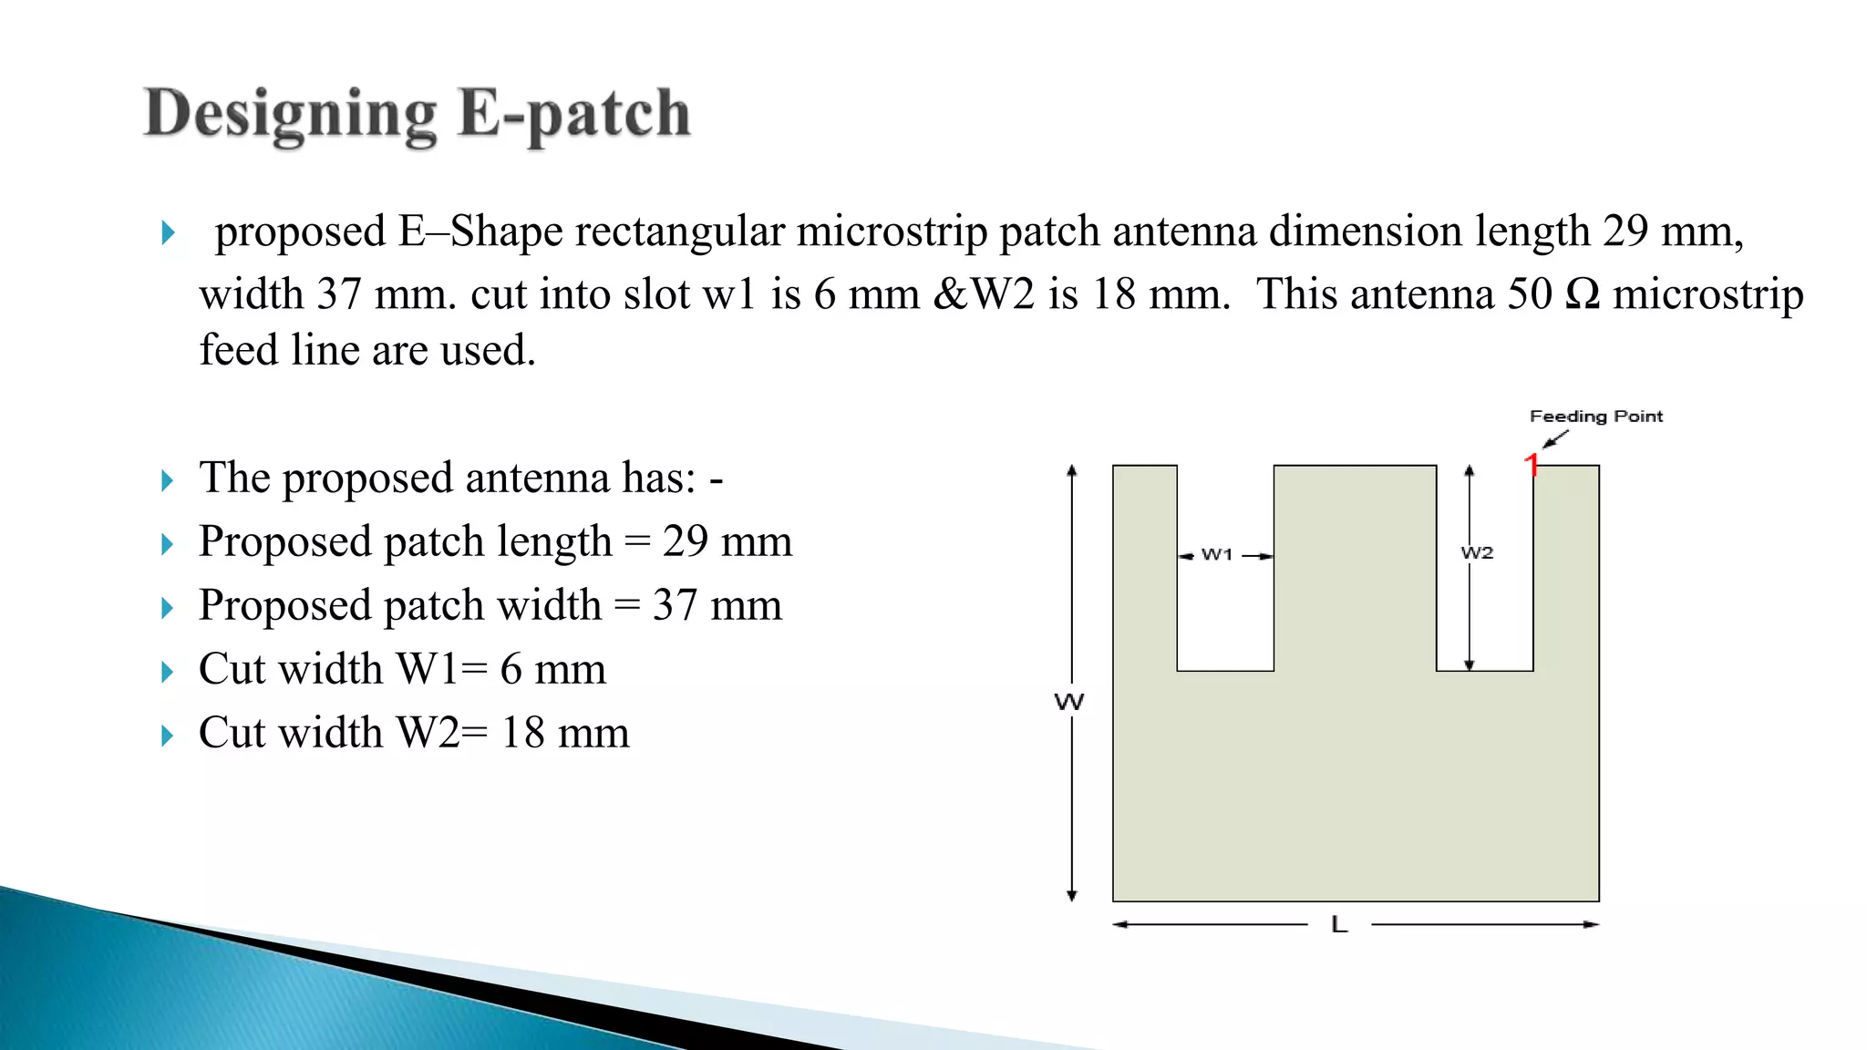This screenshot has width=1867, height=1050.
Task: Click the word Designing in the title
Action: click(x=291, y=115)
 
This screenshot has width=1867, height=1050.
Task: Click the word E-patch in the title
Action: click(x=573, y=115)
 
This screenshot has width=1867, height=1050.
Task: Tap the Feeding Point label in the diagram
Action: click(x=1595, y=417)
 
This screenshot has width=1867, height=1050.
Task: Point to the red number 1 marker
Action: click(x=1532, y=465)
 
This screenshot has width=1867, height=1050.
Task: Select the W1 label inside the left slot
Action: click(x=1217, y=554)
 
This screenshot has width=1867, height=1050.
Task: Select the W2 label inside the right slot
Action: click(x=1477, y=552)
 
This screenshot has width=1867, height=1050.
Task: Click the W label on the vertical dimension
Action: click(x=1069, y=702)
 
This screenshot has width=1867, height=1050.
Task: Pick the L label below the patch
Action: click(x=1339, y=925)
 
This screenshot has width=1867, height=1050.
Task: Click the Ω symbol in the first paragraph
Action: click(x=1582, y=294)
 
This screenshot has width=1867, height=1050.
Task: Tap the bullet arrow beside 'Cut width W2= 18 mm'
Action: click(x=167, y=736)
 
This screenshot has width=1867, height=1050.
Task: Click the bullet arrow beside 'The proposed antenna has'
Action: click(x=167, y=480)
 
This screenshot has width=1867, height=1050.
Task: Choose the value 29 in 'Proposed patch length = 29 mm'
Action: click(x=686, y=541)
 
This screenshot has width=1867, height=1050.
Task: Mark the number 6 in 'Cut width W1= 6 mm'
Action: click(x=511, y=669)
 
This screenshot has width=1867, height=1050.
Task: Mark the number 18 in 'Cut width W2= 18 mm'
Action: click(x=523, y=733)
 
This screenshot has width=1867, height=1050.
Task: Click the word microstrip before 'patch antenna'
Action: click(x=892, y=232)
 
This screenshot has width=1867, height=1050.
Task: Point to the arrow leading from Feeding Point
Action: click(x=1555, y=439)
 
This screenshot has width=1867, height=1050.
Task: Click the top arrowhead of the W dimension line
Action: click(x=1072, y=470)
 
